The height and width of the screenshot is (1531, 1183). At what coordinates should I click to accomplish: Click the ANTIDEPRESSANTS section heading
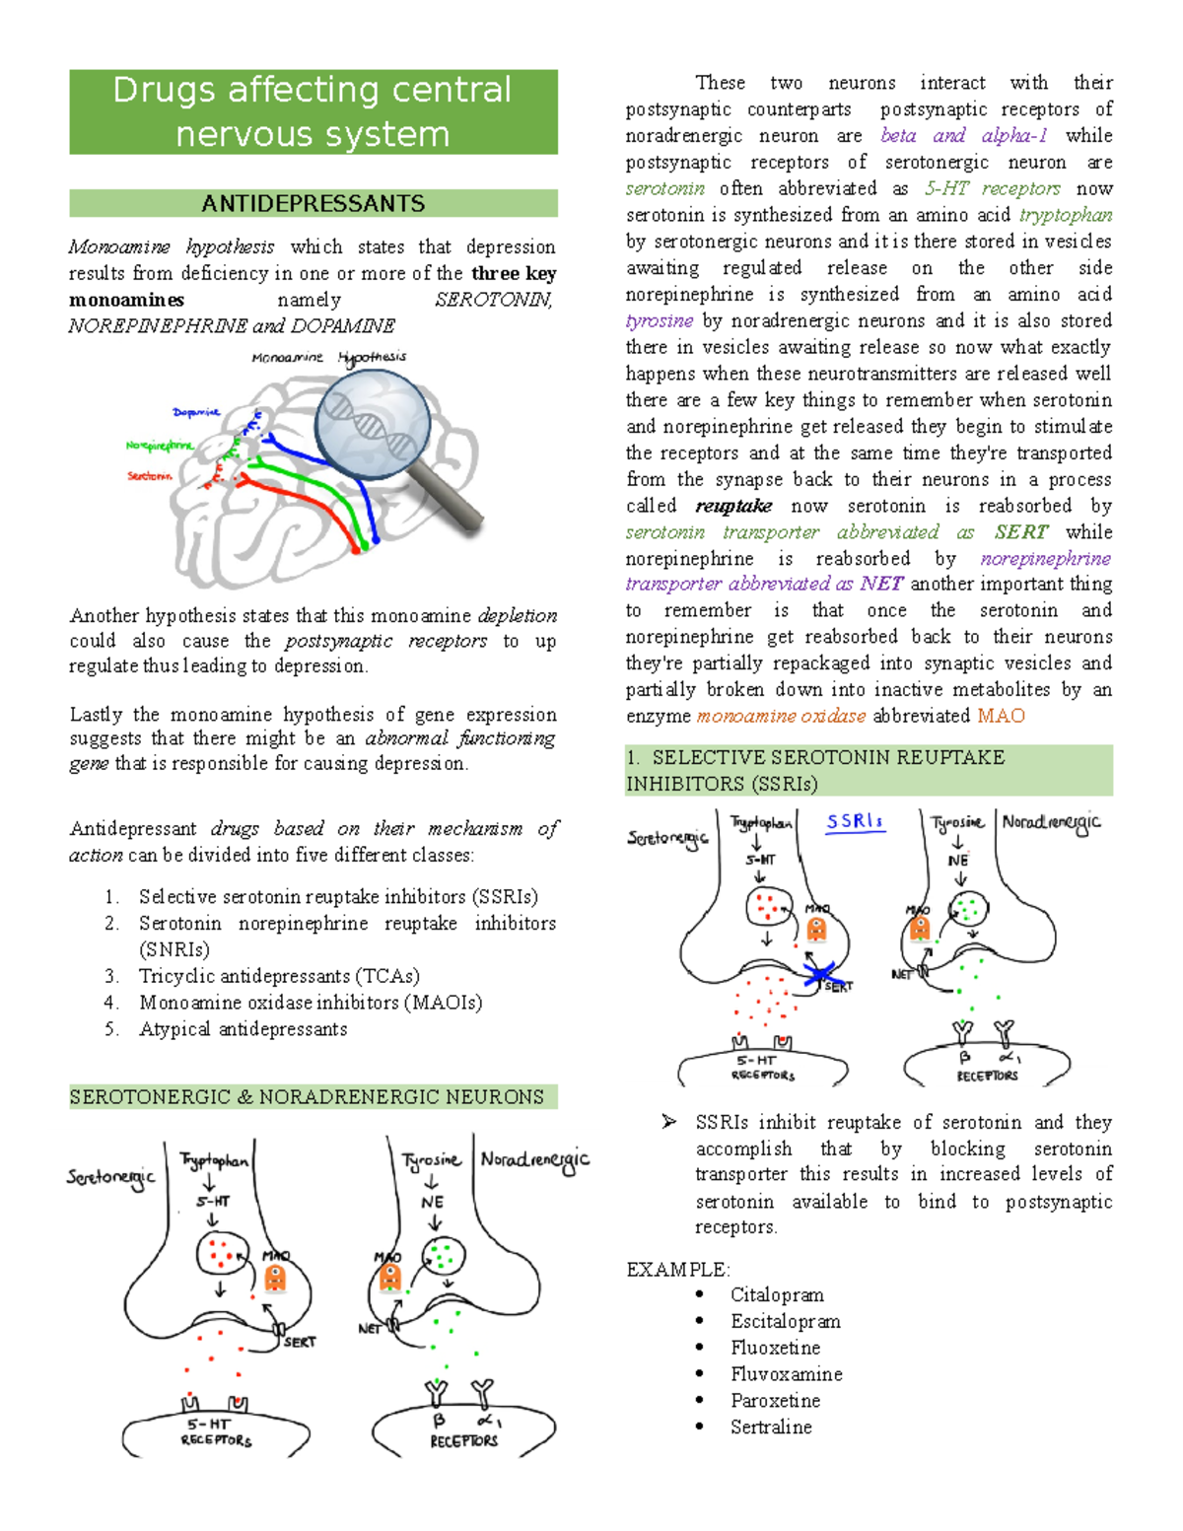point(313,204)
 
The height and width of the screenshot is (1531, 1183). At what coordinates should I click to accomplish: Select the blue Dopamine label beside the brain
point(196,412)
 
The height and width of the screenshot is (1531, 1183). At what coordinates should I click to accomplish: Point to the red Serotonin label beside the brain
point(149,476)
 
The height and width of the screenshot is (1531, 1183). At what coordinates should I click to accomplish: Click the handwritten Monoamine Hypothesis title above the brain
point(328,358)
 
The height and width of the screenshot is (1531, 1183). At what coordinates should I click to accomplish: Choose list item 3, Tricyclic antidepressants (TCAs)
point(279,976)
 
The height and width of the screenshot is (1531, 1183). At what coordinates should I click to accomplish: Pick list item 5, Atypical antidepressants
point(243,1029)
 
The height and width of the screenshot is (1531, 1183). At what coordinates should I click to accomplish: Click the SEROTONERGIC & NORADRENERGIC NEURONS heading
point(307,1097)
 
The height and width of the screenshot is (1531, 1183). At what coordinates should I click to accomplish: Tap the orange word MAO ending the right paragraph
point(1001,717)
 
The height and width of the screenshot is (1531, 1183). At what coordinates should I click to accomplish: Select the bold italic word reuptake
point(733,506)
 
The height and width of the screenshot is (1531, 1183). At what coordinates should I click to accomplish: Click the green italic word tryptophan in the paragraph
point(1066,215)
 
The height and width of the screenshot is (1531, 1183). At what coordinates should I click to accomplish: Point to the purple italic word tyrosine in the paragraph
point(660,320)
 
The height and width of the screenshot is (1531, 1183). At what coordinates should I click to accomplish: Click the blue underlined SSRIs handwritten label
point(855,822)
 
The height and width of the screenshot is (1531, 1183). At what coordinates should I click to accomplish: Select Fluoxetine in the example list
point(775,1348)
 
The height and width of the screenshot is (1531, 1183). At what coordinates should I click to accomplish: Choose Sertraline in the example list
point(771,1427)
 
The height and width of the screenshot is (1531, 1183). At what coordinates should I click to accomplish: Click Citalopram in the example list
point(777,1294)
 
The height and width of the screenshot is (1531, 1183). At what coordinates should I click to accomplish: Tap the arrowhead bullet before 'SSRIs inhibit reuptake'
point(669,1122)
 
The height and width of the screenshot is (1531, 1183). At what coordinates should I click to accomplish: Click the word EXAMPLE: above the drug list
point(677,1269)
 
